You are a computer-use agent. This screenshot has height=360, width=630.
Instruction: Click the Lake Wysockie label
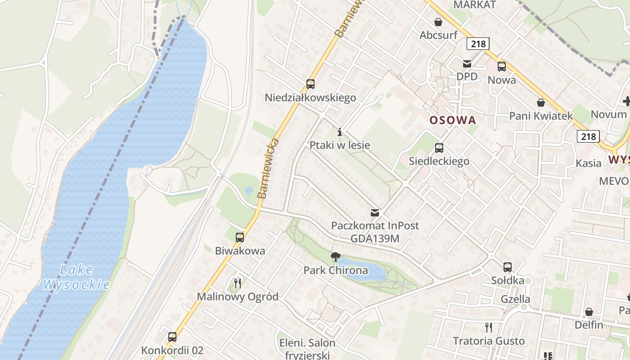click(x=76, y=277)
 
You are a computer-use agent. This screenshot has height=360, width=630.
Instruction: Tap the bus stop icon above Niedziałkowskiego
click(x=310, y=84)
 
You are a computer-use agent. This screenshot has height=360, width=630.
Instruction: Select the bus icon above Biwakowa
click(x=240, y=237)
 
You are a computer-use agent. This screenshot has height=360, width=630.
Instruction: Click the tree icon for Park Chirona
click(x=335, y=257)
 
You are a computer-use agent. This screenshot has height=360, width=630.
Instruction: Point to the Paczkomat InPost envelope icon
click(x=374, y=212)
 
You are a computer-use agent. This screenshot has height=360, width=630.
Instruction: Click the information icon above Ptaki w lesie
click(x=340, y=132)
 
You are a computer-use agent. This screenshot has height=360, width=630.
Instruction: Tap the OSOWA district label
click(x=452, y=120)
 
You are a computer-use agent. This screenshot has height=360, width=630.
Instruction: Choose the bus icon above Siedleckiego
click(x=439, y=148)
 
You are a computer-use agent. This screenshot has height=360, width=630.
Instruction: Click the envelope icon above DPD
click(x=467, y=63)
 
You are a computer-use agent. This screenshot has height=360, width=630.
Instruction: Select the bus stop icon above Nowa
click(x=502, y=67)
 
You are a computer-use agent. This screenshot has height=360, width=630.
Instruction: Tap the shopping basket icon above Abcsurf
click(x=438, y=22)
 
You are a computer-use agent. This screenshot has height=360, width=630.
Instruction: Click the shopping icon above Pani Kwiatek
click(x=540, y=103)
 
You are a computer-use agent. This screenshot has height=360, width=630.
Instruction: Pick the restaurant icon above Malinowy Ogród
click(x=238, y=283)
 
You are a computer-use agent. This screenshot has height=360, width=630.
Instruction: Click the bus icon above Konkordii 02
click(x=172, y=337)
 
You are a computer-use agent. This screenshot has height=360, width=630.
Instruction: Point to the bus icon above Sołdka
click(x=508, y=267)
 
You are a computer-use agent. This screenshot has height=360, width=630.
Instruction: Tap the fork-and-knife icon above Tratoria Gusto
click(x=489, y=327)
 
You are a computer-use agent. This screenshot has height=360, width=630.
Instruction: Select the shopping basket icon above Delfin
click(x=589, y=311)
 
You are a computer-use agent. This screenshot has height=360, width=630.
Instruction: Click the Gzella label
click(x=515, y=299)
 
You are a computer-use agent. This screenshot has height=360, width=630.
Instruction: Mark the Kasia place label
click(x=588, y=163)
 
